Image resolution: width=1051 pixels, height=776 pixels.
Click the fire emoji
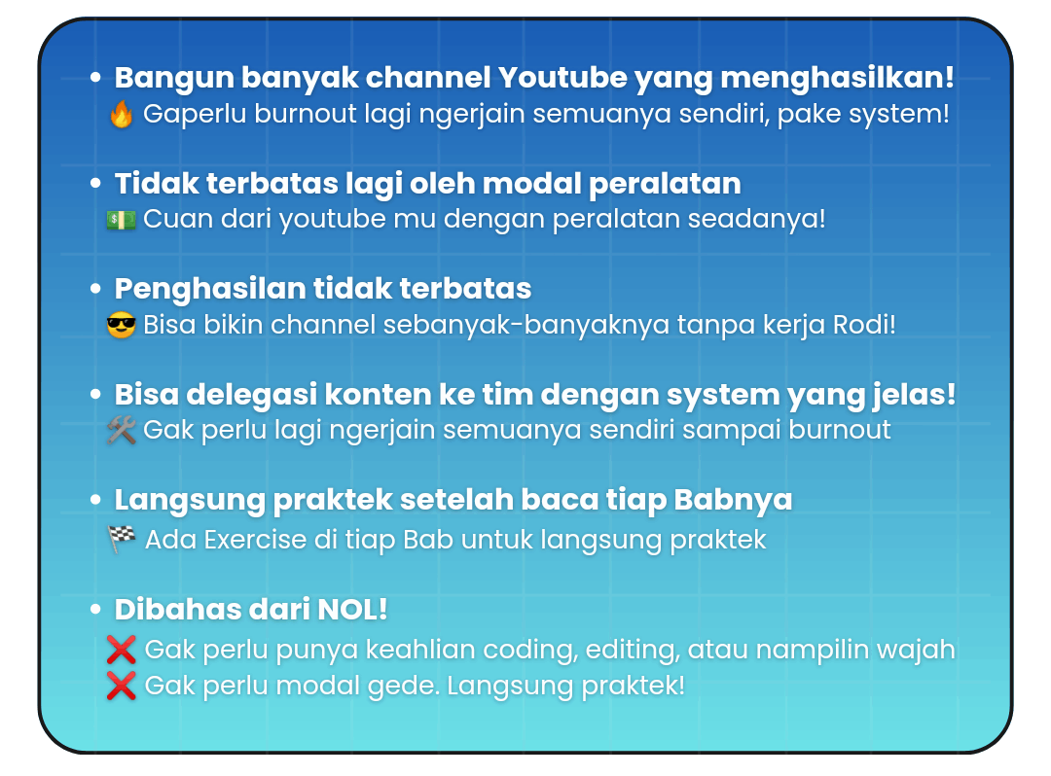(x=122, y=114)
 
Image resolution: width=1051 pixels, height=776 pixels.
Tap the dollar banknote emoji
(x=122, y=220)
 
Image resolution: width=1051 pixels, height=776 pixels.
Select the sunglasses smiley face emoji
(x=122, y=326)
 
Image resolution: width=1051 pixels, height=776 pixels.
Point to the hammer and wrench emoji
(x=122, y=431)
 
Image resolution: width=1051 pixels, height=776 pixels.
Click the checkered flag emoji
(x=122, y=539)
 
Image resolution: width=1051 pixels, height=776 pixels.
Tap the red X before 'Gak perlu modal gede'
(x=122, y=686)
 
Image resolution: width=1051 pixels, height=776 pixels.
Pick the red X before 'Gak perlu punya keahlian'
(x=122, y=650)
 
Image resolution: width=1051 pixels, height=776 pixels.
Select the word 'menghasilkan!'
(x=837, y=79)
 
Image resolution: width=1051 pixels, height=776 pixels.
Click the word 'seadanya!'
(x=757, y=219)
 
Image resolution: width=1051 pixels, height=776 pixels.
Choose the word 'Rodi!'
(x=864, y=325)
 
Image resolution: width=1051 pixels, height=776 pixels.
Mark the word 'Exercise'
(x=255, y=540)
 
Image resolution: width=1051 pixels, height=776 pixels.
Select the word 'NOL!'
(x=352, y=610)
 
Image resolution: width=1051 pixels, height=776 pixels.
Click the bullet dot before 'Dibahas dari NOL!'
(x=95, y=610)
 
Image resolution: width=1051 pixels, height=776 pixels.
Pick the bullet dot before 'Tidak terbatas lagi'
(x=95, y=183)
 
